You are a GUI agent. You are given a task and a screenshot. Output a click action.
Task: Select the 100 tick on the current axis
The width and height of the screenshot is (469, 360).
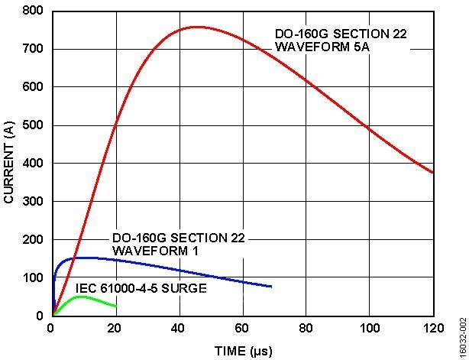coord(34,277)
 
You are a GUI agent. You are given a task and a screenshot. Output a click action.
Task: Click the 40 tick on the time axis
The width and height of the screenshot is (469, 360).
coord(179,329)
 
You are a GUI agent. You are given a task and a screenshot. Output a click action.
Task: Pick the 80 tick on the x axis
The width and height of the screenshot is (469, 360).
coord(306,329)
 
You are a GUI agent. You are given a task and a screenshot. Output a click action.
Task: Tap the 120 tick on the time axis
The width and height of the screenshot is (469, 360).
coord(433,329)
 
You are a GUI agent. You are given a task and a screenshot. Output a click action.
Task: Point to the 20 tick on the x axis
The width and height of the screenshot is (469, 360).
coord(115,329)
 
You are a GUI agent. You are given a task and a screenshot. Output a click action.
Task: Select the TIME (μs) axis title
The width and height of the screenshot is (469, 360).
coord(242,352)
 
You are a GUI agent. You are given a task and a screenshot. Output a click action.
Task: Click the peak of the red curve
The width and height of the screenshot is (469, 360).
coord(196,27)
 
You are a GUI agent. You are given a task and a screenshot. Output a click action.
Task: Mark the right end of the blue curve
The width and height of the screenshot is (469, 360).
coord(271,287)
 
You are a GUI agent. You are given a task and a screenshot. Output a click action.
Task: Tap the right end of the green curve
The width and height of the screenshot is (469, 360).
coord(115,306)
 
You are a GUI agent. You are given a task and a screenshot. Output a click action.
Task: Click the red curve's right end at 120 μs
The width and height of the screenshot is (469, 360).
coord(433,173)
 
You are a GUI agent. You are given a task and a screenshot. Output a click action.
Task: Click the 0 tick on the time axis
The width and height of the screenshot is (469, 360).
coord(52,329)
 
